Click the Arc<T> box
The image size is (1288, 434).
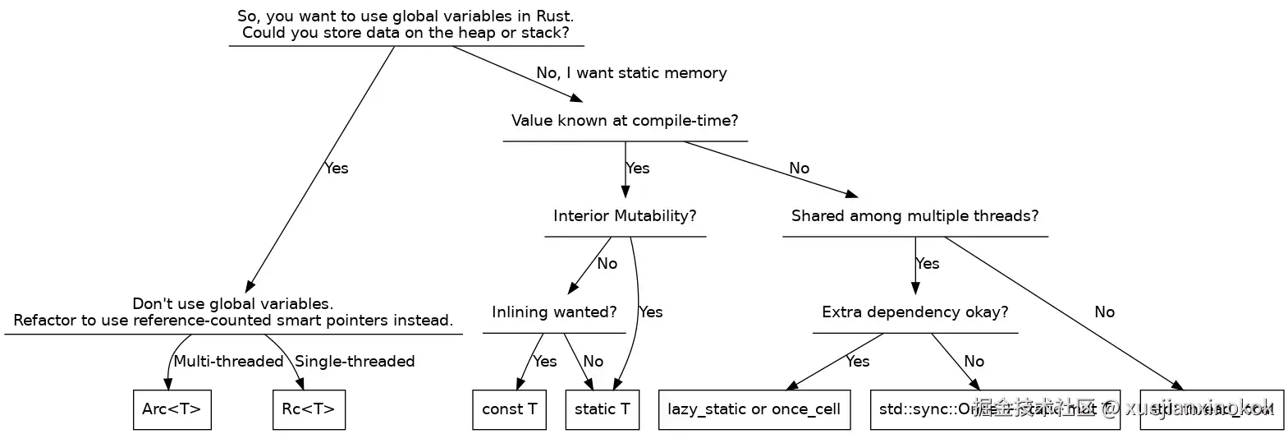pyautogui.click(x=172, y=409)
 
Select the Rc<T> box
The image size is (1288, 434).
pyautogui.click(x=308, y=409)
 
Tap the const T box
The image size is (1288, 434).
pyautogui.click(x=510, y=409)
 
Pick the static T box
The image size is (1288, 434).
pyautogui.click(x=603, y=409)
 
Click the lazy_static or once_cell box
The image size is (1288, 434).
pyautogui.click(x=754, y=409)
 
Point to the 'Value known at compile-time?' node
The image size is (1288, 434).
pyautogui.click(x=625, y=121)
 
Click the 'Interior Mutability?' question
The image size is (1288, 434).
pyautogui.click(x=625, y=216)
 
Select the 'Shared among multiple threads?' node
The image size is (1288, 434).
pyautogui.click(x=914, y=216)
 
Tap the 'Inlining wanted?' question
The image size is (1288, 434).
pyautogui.click(x=554, y=312)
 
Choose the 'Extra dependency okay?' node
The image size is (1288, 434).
pyautogui.click(x=914, y=312)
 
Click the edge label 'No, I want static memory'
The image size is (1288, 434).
pyautogui.click(x=631, y=73)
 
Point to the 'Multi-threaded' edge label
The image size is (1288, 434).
pyautogui.click(x=228, y=362)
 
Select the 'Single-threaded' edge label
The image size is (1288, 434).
pyautogui.click(x=355, y=362)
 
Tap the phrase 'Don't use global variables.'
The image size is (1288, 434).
pyautogui.click(x=232, y=304)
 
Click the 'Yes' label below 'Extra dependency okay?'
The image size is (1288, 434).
pyautogui.click(x=857, y=362)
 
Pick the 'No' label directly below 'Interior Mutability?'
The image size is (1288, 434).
pyautogui.click(x=607, y=264)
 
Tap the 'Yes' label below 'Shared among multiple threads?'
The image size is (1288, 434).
pyautogui.click(x=927, y=264)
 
